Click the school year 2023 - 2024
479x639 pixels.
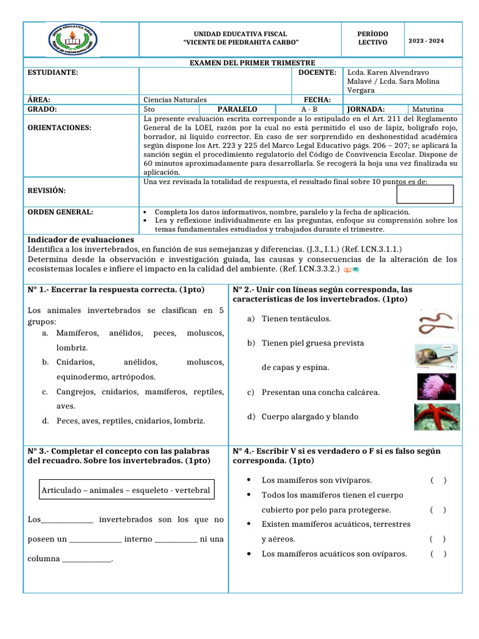pyautogui.click(x=426, y=41)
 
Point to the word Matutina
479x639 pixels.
pyautogui.click(x=436, y=109)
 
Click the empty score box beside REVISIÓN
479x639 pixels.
pyautogui.click(x=442, y=194)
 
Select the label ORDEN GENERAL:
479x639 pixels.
pyautogui.click(x=60, y=212)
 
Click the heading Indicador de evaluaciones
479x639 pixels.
pyautogui.click(x=81, y=240)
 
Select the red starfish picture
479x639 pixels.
pyautogui.click(x=437, y=416)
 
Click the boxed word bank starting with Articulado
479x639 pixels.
pyautogui.click(x=126, y=490)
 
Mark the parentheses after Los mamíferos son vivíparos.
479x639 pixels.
pyautogui.click(x=438, y=480)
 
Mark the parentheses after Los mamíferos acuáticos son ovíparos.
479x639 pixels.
pyautogui.click(x=438, y=554)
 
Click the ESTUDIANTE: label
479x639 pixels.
pyautogui.click(x=53, y=73)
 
